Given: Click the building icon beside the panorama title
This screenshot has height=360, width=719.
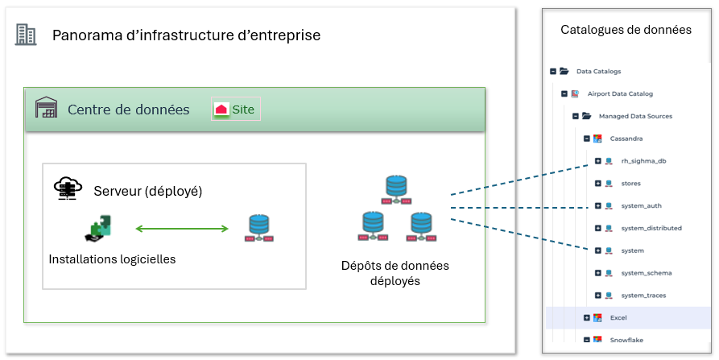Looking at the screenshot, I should (26, 34).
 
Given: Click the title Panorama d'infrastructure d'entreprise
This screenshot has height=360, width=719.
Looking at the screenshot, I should (186, 35).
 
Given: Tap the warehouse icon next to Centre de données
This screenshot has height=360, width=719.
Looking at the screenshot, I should (47, 109).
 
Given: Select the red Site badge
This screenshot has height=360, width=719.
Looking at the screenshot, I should (236, 109).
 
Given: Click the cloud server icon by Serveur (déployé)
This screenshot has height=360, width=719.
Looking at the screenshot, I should (68, 189).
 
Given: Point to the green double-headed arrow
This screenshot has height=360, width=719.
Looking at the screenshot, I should (182, 230).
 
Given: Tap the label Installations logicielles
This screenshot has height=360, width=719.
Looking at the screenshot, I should (112, 259).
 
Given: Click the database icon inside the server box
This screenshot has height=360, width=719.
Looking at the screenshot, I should (258, 229).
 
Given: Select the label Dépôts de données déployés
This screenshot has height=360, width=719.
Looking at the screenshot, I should (395, 273).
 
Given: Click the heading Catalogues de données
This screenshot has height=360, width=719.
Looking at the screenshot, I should (626, 30).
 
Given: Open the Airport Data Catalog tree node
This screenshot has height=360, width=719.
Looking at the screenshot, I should (620, 93).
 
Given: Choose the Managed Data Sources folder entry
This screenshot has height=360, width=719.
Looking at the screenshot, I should (635, 116).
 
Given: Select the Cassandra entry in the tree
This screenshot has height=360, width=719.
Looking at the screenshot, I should (626, 139).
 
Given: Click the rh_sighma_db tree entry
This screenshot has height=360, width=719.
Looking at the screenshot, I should (643, 161).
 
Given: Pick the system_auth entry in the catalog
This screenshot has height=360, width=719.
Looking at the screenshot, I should (641, 205).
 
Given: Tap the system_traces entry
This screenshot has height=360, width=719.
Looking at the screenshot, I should (643, 296).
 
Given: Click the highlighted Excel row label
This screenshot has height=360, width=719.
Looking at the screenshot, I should (618, 318).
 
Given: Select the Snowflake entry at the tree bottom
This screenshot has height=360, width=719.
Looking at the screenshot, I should (626, 340).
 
